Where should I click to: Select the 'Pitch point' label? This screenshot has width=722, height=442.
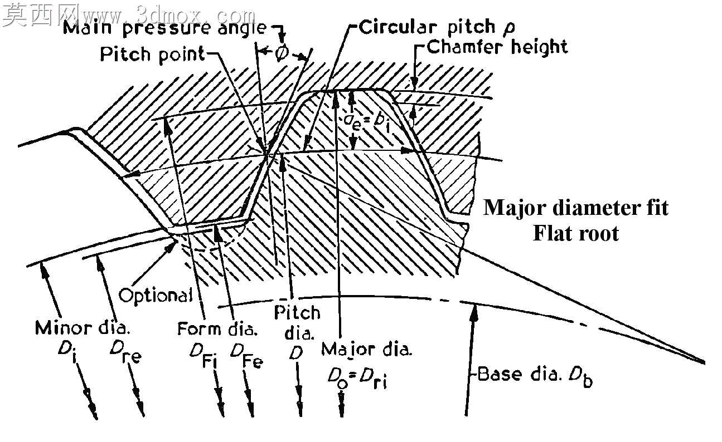coord(152,55)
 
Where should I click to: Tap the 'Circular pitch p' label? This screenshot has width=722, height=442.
coord(437,27)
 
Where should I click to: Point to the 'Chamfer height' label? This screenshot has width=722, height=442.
coord(497,47)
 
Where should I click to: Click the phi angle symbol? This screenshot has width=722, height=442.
coord(282,52)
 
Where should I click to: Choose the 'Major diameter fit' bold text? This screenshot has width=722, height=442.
coord(576,208)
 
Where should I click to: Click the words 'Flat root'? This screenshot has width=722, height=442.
coord(576,233)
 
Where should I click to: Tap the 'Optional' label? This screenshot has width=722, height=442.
coord(156,295)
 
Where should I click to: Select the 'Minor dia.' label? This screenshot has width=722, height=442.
coord(83,328)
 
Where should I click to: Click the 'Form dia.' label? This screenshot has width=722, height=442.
coord(217,328)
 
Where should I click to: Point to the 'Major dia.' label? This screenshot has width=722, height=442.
coord(367,349)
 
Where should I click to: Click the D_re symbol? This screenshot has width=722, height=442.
coord(125,352)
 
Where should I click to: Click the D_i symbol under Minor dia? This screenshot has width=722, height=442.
coord(67,350)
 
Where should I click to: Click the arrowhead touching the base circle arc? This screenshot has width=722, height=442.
coord(473,311)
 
